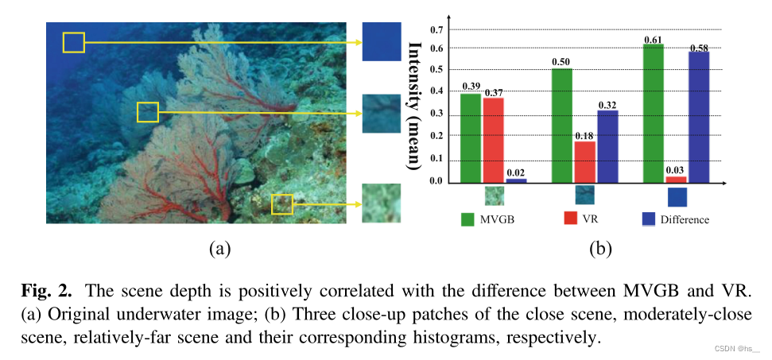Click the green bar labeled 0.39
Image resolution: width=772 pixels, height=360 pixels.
[471, 138]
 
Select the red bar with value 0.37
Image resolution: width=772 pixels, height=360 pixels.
[493, 141]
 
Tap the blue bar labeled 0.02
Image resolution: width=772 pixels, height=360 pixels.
[516, 180]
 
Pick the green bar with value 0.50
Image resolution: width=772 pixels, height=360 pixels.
[562, 126]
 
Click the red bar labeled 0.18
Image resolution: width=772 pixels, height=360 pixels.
[584, 162]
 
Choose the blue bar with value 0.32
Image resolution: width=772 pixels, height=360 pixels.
[607, 147]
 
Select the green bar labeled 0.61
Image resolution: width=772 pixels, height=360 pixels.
[654, 114]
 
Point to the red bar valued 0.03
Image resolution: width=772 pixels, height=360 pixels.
[676, 180]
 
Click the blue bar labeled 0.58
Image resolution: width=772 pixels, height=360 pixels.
[699, 117]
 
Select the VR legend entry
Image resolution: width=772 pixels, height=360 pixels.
[580, 219]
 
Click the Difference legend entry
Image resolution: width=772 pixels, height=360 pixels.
[674, 219]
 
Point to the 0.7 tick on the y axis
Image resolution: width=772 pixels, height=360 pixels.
[436, 30]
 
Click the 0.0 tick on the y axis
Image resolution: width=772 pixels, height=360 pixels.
[436, 181]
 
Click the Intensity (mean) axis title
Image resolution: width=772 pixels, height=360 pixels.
[413, 106]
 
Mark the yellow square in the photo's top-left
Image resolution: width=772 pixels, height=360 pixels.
[74, 42]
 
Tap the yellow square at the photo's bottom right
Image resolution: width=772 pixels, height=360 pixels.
[282, 204]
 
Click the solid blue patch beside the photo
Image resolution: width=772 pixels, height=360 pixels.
[382, 41]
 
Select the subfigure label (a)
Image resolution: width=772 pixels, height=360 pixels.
[219, 249]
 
